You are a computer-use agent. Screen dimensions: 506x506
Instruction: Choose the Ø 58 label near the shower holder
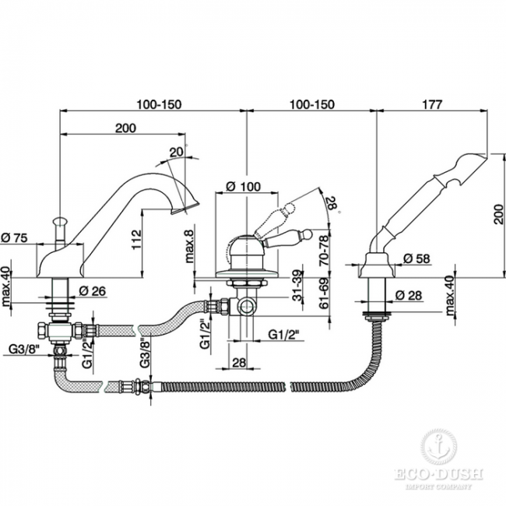416,260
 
